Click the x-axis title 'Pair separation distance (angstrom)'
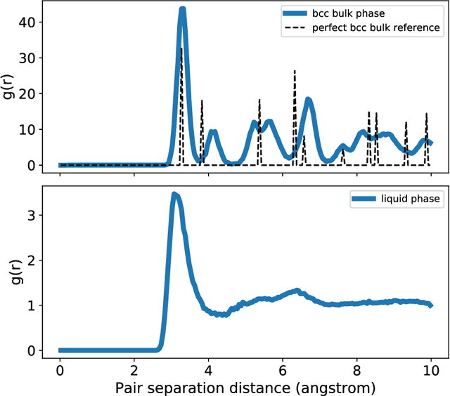point(245,386)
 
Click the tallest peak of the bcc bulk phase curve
point(182,10)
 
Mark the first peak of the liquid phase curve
point(175,194)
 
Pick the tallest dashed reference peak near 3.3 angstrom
point(181,48)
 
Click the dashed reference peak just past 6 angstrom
point(295,71)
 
